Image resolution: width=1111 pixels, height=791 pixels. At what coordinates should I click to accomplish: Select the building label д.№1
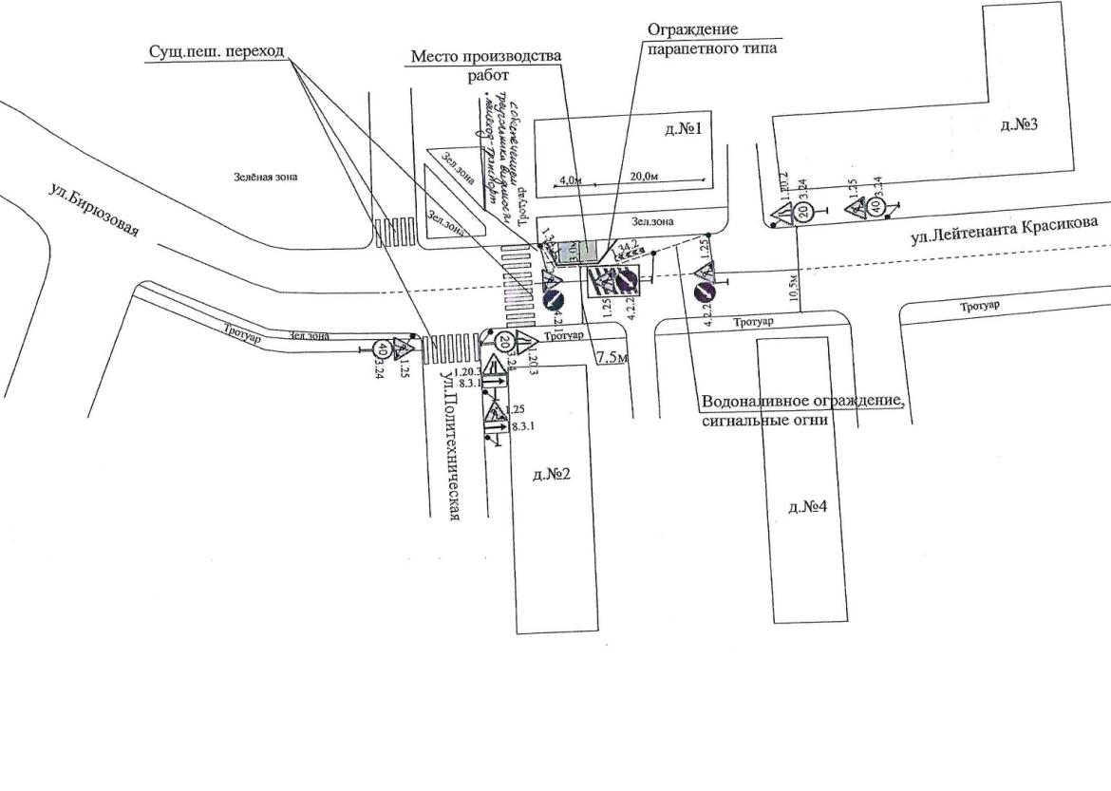pos(683,130)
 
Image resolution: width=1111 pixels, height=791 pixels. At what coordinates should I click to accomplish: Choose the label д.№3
pos(1016,125)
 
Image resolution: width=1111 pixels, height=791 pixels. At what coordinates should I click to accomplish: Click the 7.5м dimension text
pos(611,357)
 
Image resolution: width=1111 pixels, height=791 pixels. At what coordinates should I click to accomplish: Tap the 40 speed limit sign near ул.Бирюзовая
pos(382,348)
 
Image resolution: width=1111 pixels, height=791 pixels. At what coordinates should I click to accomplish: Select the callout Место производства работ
pos(486,65)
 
